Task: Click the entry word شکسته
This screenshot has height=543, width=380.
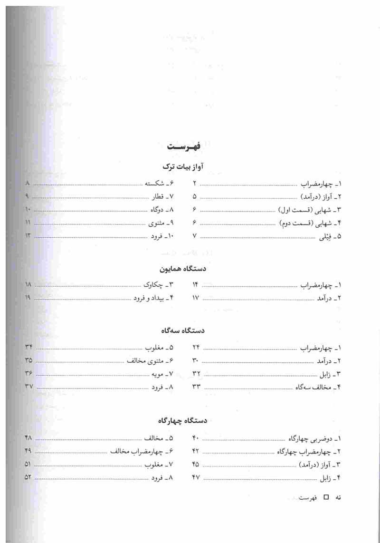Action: point(155,183)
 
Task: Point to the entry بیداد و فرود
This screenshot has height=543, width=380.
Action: point(147,298)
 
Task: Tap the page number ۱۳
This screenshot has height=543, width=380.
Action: point(28,236)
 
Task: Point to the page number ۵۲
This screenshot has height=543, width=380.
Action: point(28,477)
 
